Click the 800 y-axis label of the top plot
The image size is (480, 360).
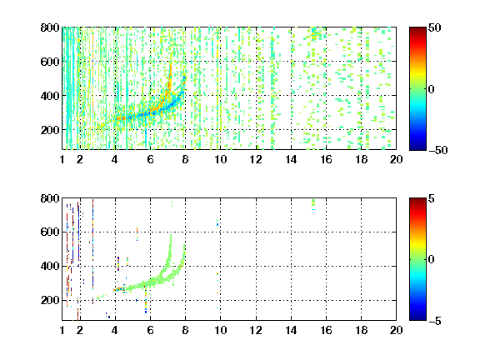tap(50, 27)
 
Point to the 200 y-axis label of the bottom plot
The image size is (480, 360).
tap(50, 300)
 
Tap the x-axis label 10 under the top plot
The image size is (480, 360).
tap(220, 159)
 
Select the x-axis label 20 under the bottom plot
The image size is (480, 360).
tap(396, 330)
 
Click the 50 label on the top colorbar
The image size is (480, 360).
tap(434, 27)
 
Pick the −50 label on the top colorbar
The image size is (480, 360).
tap(438, 150)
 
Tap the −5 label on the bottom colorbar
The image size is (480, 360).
tap(435, 321)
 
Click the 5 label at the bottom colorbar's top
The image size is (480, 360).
tap(432, 198)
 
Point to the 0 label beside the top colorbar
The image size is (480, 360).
tap(432, 89)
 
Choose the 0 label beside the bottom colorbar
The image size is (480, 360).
tap(432, 260)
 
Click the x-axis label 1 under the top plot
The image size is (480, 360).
tap(62, 159)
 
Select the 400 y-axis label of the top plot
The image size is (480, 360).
tap(50, 96)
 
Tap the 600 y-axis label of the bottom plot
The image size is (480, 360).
tap(50, 232)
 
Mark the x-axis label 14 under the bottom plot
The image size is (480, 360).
tap(291, 330)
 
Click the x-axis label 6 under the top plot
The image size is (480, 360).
tap(150, 159)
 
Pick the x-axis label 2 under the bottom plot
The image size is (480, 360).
tap(80, 330)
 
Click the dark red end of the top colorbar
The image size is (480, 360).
tap(417, 30)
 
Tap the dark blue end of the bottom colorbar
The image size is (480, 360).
tap(417, 317)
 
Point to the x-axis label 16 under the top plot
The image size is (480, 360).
tap(326, 159)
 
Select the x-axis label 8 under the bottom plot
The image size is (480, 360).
tap(185, 330)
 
